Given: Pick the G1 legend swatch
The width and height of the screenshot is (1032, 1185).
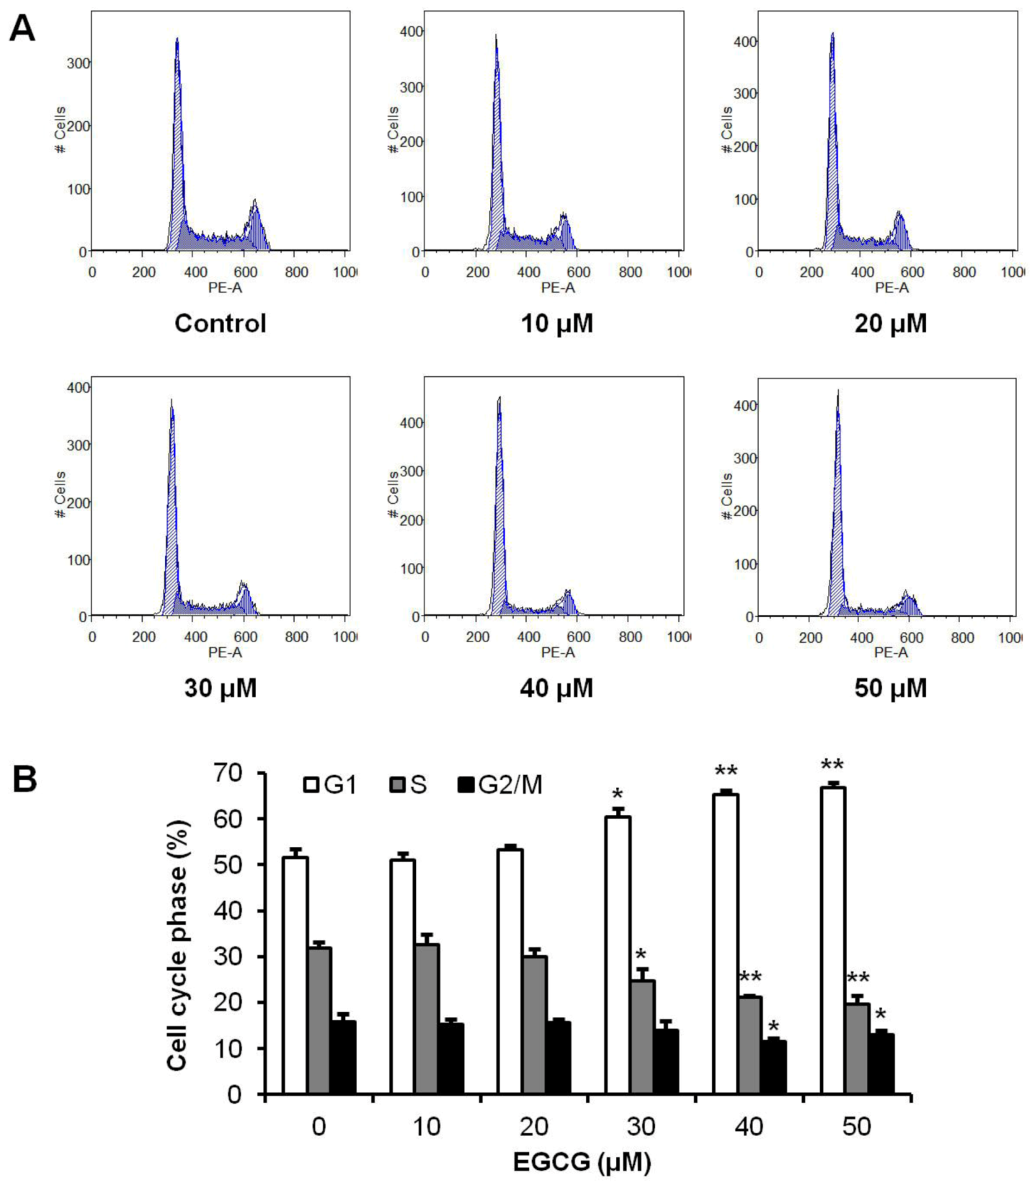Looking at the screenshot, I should click(311, 785).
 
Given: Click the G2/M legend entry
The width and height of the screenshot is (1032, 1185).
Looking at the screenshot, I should click(500, 785).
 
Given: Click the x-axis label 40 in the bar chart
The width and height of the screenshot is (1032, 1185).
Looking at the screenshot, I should click(749, 1127).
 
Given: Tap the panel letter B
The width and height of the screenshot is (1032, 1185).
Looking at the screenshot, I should click(25, 780).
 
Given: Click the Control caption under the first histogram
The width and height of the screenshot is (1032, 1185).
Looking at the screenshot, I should click(220, 323).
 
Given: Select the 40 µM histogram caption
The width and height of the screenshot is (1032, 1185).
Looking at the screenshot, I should click(556, 688).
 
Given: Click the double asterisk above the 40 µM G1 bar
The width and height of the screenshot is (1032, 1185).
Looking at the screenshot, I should click(726, 771).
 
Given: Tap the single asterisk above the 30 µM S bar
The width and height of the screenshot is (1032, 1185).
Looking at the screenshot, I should click(641, 955).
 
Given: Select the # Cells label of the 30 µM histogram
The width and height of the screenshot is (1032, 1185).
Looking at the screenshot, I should click(61, 494).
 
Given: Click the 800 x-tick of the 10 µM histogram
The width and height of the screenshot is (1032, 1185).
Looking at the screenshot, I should click(630, 272).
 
